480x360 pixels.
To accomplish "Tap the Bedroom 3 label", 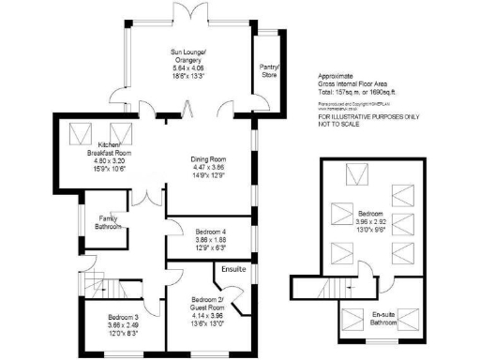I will click(122, 317).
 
